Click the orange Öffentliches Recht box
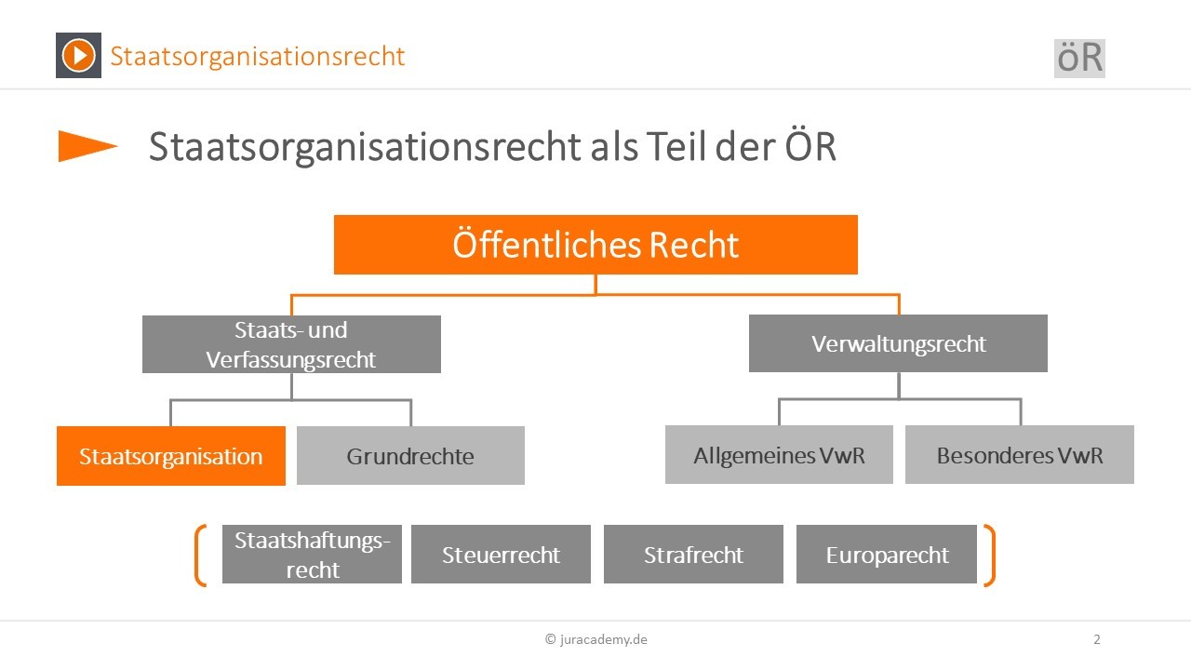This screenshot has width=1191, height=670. [x=595, y=245]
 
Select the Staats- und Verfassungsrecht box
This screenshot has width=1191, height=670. [x=291, y=344]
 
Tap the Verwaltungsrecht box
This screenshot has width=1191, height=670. [x=898, y=343]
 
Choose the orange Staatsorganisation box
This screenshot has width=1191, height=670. [x=171, y=456]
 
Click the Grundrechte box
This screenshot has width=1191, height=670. [x=410, y=455]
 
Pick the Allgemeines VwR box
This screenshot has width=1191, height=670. [x=779, y=455]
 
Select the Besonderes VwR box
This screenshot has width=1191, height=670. [x=1020, y=455]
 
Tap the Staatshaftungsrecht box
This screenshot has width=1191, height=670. [x=312, y=554]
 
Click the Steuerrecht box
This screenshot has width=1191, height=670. [x=501, y=554]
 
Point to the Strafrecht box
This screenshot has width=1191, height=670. [x=693, y=554]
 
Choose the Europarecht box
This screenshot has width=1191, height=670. [x=887, y=554]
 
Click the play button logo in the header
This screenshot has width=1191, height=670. [x=79, y=55]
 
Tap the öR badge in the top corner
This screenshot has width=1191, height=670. [x=1079, y=59]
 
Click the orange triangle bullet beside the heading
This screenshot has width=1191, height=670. [x=87, y=146]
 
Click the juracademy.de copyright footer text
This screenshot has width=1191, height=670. [x=596, y=639]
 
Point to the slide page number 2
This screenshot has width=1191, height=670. [x=1097, y=639]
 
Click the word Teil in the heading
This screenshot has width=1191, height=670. [x=676, y=146]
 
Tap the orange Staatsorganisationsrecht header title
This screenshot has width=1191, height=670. [x=258, y=57]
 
